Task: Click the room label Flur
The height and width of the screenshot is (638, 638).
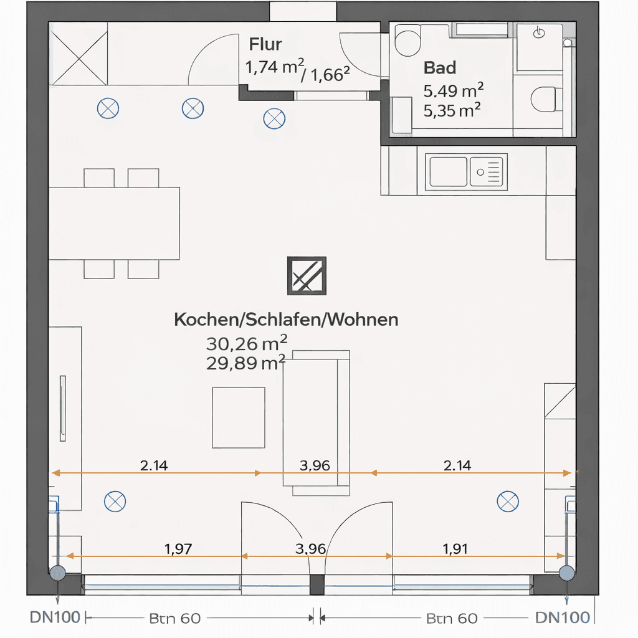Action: point(265,44)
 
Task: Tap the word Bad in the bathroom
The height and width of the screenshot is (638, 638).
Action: point(440,67)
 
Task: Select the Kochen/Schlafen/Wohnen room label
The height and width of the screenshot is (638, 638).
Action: point(286,320)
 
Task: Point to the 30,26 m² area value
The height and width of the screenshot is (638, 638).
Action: point(246,343)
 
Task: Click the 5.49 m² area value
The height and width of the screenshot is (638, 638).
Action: point(454,91)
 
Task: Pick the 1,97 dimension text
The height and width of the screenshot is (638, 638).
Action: point(178,549)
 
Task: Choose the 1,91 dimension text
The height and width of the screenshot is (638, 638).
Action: point(455,549)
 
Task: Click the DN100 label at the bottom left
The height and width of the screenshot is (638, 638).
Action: point(55,617)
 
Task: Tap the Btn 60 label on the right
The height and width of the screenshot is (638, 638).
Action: point(452,618)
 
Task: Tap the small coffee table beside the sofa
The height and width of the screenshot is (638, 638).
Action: point(239,417)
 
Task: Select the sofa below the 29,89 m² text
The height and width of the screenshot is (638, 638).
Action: point(317,423)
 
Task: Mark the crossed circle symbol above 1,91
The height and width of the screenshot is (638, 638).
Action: point(507,500)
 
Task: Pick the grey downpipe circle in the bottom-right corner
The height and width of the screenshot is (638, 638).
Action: point(566,573)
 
